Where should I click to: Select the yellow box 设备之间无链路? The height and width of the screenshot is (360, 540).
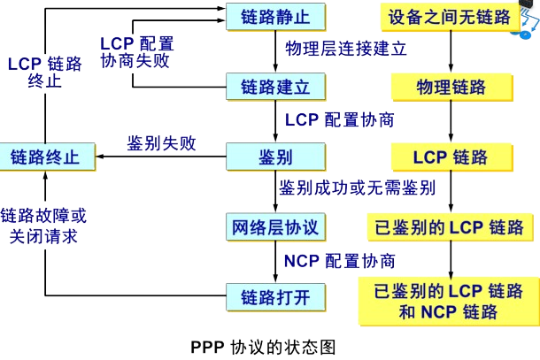click(451, 16)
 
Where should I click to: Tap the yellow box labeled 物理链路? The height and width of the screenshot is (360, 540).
click(451, 87)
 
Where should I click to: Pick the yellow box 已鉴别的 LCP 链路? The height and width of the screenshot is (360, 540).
click(451, 226)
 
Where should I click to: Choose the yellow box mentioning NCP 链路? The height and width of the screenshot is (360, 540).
click(451, 301)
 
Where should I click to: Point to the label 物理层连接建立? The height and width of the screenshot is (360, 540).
click(346, 49)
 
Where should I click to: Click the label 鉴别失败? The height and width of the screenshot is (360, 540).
click(161, 143)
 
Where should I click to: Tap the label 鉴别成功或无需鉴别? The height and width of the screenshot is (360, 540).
click(358, 188)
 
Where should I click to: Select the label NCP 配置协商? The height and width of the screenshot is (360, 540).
click(340, 261)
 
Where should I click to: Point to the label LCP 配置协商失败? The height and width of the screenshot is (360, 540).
click(136, 53)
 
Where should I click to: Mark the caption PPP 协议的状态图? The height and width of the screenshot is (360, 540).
click(264, 345)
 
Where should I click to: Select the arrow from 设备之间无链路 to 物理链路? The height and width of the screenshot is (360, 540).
click(451, 51)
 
